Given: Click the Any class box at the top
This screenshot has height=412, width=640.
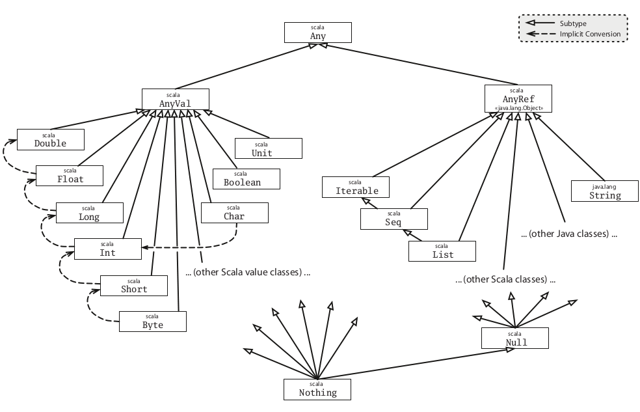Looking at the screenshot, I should pos(317,33).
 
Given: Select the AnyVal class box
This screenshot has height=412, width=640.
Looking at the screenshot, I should pos(175,99).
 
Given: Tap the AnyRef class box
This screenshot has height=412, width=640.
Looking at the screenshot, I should pos(518,98).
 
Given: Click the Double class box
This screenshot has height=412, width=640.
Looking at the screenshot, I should pos(50,139).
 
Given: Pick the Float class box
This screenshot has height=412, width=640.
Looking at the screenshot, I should pos(70,175).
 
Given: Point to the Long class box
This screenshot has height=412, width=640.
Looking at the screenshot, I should pos(89,213).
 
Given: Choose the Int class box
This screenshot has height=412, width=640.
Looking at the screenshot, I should pos(107,249).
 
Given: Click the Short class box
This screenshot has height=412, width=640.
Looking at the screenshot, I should pos(134,285).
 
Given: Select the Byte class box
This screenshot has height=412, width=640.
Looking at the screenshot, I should pos(152,321).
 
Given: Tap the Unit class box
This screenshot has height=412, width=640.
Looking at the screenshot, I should pos(268,148).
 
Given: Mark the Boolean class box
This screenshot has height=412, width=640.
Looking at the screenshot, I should pos(246,179).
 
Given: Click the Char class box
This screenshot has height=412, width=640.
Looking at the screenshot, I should pos(234,212).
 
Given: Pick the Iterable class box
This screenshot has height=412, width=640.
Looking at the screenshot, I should pos(356,187).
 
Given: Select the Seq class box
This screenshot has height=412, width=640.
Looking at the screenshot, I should pos(394,219).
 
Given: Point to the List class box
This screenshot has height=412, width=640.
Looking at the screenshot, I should pos(442,251).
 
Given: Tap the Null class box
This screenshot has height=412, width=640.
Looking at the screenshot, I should pos(515,338).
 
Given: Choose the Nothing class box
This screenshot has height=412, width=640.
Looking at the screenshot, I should pos(317,389).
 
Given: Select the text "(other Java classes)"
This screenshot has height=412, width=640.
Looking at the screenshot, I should pos(568,234).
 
